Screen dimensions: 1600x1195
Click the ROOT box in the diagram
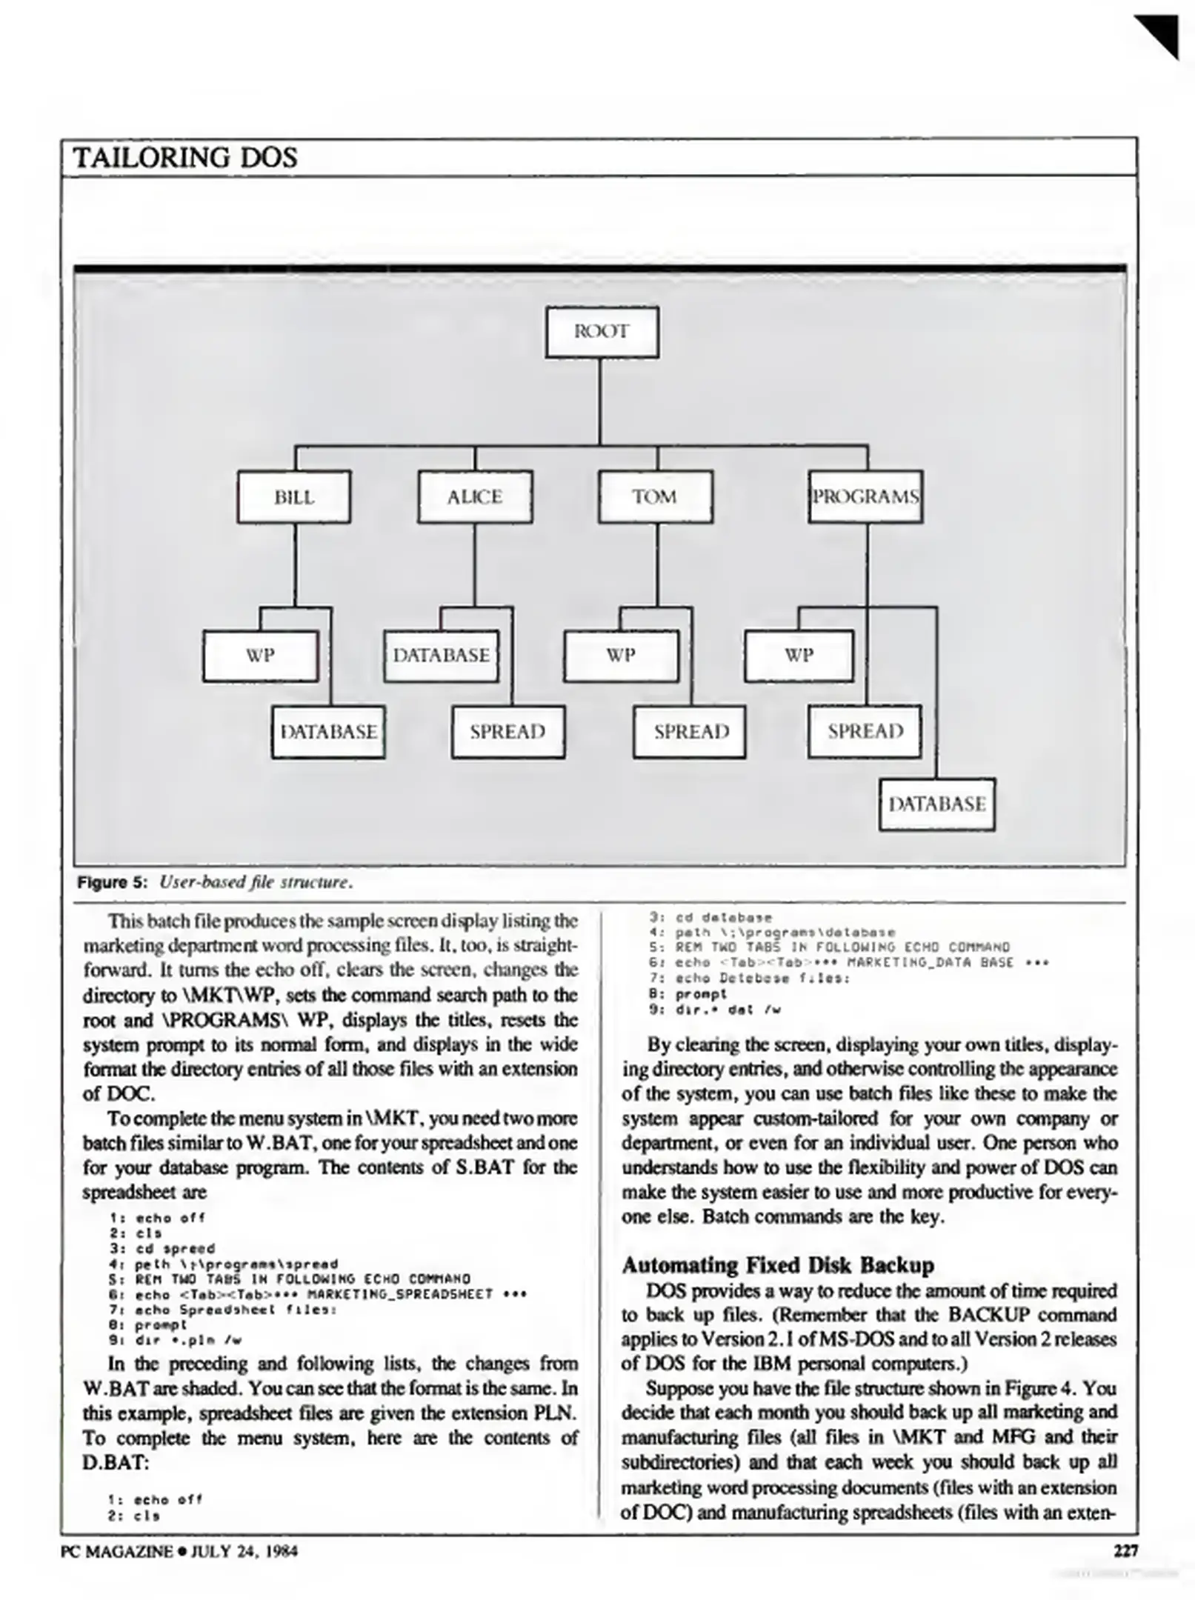pos(602,333)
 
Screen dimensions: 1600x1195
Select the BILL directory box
pos(294,497)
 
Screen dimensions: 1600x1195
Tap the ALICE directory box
pos(475,497)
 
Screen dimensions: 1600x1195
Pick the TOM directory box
pos(655,497)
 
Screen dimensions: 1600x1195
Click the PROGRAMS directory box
pos(865,497)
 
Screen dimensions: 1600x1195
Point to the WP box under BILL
pos(260,656)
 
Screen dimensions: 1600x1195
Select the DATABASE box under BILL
pos(328,732)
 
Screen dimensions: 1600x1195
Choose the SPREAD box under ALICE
pos(508,732)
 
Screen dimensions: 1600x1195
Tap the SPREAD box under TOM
pos(690,732)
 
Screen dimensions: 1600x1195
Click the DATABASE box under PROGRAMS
pos(937,804)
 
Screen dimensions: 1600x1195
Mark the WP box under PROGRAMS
pos(799,656)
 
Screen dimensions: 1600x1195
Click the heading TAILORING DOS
pos(185,158)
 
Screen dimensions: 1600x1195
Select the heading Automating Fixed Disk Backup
pos(778,1265)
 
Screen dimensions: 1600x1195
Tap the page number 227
pos(1125,1550)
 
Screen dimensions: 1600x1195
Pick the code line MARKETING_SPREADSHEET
pos(319,1294)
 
